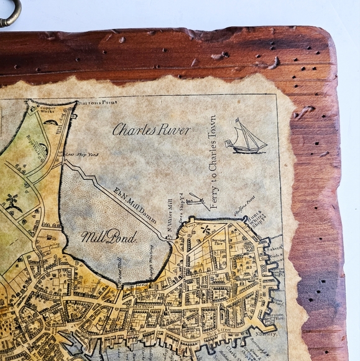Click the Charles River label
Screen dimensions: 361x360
pyautogui.click(x=152, y=130)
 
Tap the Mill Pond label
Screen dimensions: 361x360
pyautogui.click(x=101, y=237)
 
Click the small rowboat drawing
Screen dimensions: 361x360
pyautogui.click(x=196, y=200)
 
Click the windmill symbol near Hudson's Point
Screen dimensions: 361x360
pyautogui.click(x=205, y=230)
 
